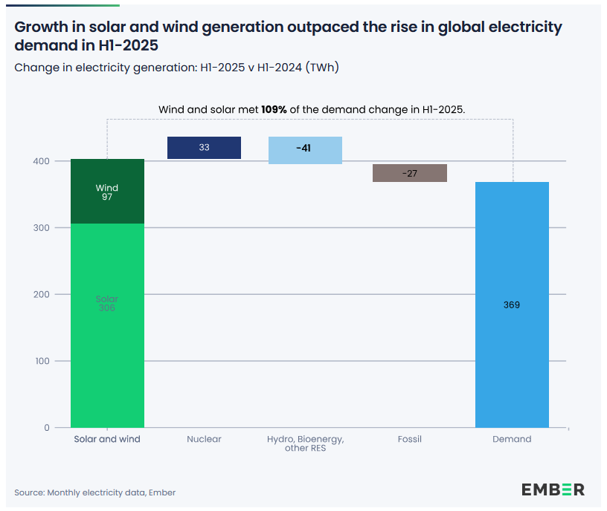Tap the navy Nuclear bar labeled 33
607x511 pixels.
(x=204, y=148)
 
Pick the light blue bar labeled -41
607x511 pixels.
(x=305, y=150)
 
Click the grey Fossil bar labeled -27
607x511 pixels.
(x=409, y=173)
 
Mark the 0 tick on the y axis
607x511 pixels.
(x=46, y=428)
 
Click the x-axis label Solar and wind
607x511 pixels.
(x=107, y=439)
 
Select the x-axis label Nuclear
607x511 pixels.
(x=204, y=439)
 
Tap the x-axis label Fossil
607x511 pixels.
(x=409, y=439)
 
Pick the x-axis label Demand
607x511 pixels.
(x=512, y=439)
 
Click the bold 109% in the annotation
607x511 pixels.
(x=274, y=109)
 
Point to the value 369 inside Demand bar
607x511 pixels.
(x=512, y=305)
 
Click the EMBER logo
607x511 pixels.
(x=553, y=489)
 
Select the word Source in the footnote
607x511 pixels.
(x=29, y=492)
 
